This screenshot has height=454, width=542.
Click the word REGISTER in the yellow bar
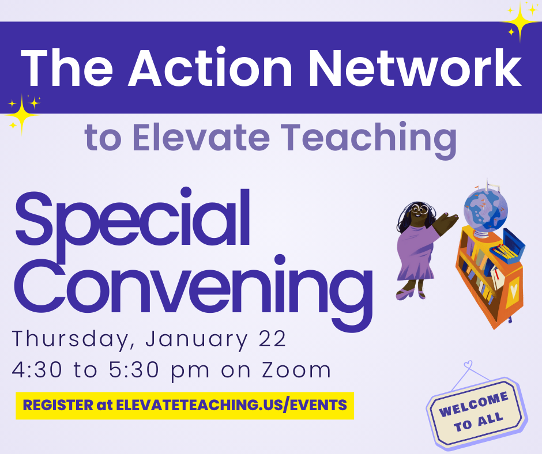tap(58, 405)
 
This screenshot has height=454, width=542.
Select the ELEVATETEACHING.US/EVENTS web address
tap(231, 405)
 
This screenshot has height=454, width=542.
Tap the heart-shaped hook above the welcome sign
tap(468, 364)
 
